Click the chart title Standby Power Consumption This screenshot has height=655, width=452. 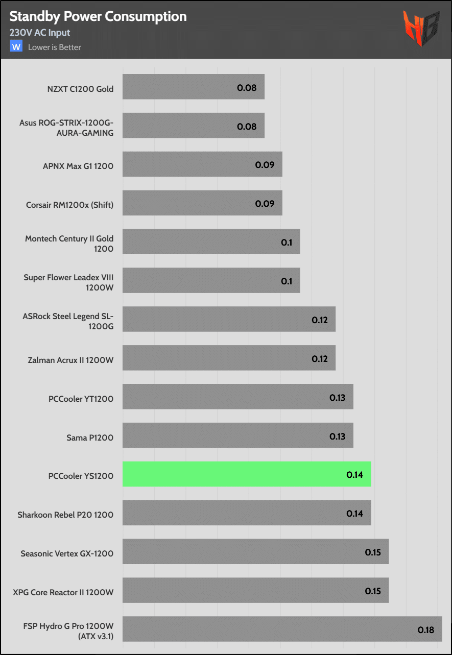(x=98, y=16)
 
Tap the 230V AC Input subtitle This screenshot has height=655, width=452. (x=40, y=33)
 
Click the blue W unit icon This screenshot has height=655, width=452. (x=16, y=47)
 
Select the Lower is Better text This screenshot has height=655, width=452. (x=55, y=47)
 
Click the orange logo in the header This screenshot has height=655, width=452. (x=421, y=29)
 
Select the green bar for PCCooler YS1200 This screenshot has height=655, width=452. (x=247, y=474)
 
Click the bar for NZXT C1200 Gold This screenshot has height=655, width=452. (x=194, y=87)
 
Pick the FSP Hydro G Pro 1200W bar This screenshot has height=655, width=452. (x=282, y=629)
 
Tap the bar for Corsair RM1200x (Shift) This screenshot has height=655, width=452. (x=202, y=203)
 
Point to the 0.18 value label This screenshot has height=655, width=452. (x=425, y=630)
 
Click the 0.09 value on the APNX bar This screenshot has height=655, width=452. (x=265, y=165)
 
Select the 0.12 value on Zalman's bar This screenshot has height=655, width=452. (x=320, y=359)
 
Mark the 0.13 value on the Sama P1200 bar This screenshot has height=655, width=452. (x=337, y=436)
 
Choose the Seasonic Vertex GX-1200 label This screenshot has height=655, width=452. (x=67, y=553)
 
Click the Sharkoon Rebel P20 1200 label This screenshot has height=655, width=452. (x=65, y=515)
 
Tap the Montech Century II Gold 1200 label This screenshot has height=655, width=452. (x=69, y=244)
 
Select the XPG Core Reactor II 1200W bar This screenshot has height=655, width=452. (x=255, y=590)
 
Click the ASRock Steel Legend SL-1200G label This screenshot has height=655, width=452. (x=68, y=321)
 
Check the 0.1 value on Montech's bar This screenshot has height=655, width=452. (x=287, y=242)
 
